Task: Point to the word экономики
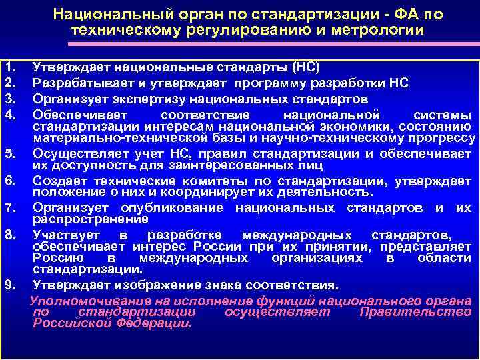(341, 126)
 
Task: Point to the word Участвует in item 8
(67, 235)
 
